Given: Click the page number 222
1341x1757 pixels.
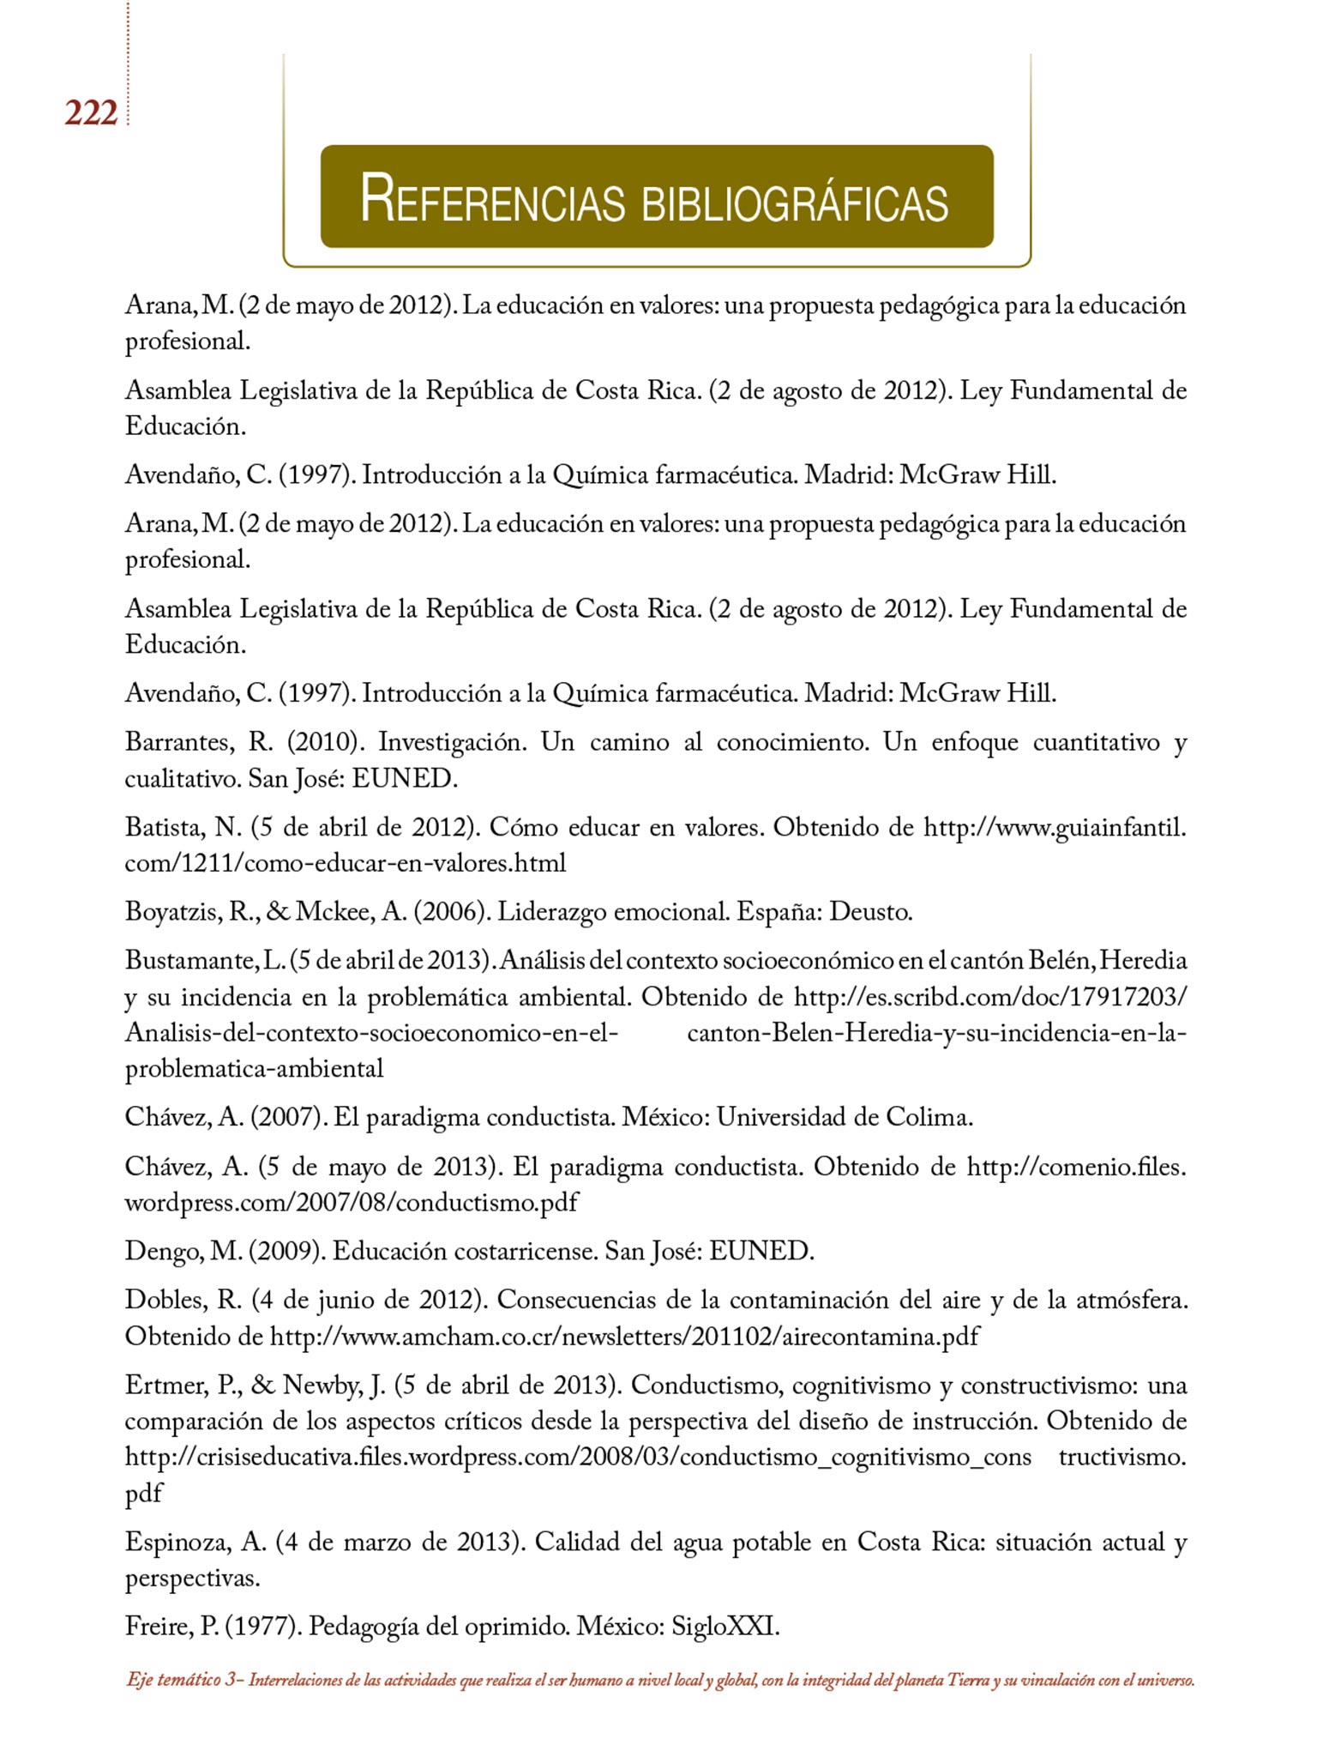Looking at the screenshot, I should (91, 113).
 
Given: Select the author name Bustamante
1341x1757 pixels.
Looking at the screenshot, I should (191, 960).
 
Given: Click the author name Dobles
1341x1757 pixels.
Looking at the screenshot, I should (165, 1301).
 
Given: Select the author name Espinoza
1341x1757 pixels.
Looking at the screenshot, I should (177, 1543).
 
